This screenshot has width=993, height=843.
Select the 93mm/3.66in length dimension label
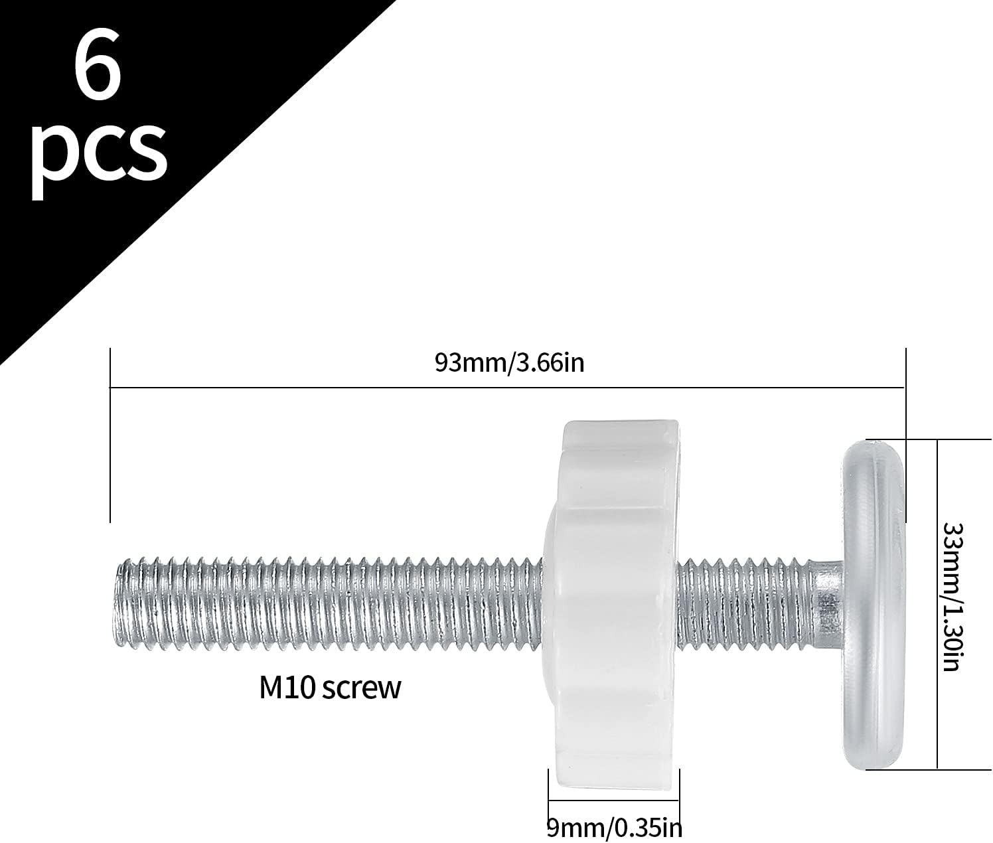click(509, 363)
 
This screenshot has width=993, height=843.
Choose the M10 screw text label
click(330, 688)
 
